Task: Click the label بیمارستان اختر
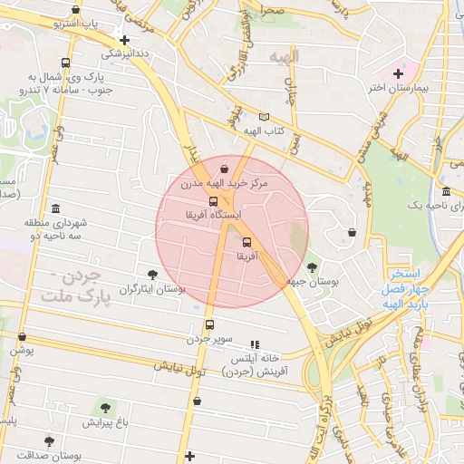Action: coord(399,88)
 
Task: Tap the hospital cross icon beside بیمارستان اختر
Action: coord(399,72)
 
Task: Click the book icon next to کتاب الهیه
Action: coord(264,117)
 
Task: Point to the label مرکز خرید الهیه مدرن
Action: coord(225,184)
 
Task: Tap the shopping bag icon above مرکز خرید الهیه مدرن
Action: coord(224,169)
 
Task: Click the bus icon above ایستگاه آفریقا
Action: coord(213,201)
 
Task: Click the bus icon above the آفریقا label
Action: coord(247,242)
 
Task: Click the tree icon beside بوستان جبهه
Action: coord(313,267)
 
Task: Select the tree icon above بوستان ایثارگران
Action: coord(151,275)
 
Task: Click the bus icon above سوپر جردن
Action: coord(210,324)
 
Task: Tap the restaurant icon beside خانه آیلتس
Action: coord(255,344)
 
